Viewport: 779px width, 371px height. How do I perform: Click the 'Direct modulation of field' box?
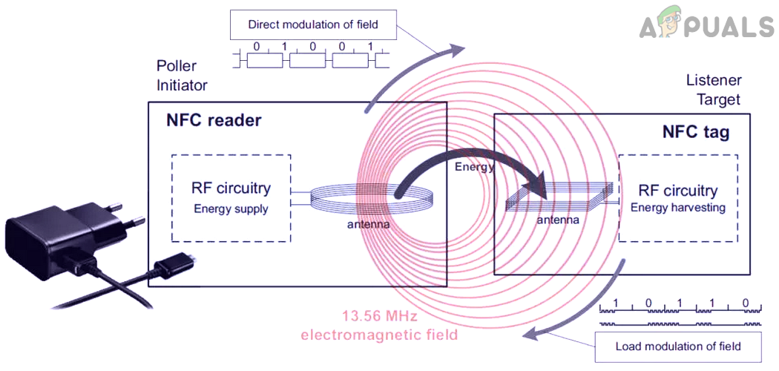pos(313,24)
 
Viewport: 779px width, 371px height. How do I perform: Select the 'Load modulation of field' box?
pos(678,346)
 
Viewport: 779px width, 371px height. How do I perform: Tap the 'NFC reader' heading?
pos(214,119)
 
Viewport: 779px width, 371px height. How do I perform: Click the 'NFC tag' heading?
pos(695,133)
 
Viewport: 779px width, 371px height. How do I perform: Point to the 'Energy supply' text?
pos(231,209)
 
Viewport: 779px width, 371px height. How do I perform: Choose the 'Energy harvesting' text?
pos(677,208)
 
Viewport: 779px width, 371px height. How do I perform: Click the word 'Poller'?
pos(176,67)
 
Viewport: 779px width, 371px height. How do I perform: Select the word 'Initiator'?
pos(182,85)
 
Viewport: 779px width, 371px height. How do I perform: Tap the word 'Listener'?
pos(714,80)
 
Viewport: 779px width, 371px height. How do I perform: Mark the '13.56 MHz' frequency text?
pos(380,316)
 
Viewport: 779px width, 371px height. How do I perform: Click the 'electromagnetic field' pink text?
pos(379,335)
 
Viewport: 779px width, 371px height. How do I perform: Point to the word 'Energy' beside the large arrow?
pos(474,167)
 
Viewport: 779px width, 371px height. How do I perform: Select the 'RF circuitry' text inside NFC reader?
pos(231,188)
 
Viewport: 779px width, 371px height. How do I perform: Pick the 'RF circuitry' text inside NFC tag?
pos(677,191)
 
